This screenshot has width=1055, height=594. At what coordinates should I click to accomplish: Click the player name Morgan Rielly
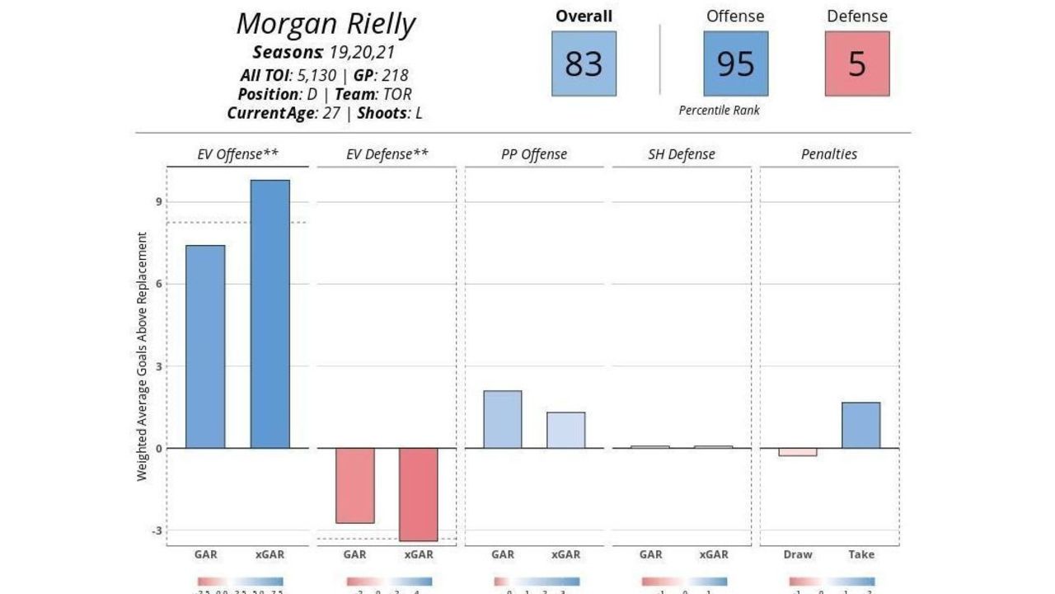pyautogui.click(x=326, y=24)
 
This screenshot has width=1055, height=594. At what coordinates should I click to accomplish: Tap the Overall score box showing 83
pyautogui.click(x=584, y=64)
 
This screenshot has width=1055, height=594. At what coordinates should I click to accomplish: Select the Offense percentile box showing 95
pyautogui.click(x=735, y=64)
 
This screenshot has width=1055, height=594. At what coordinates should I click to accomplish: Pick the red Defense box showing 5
pyautogui.click(x=857, y=64)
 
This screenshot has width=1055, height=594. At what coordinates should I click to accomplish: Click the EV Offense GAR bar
pyautogui.click(x=205, y=346)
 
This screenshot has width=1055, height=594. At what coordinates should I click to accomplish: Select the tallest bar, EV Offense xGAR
pyautogui.click(x=270, y=313)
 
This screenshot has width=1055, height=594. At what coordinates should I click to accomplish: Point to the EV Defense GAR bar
pyautogui.click(x=354, y=485)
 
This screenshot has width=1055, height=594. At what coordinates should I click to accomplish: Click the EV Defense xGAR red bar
pyautogui.click(x=418, y=494)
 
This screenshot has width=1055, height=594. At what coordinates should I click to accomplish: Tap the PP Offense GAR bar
pyautogui.click(x=502, y=419)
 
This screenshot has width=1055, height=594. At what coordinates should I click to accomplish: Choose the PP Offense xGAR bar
pyautogui.click(x=565, y=430)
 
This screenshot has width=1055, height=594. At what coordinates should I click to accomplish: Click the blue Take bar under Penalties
pyautogui.click(x=861, y=425)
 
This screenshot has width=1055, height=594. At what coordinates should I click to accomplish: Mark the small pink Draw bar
pyautogui.click(x=798, y=452)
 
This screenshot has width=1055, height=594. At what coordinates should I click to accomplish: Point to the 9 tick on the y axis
pyautogui.click(x=158, y=202)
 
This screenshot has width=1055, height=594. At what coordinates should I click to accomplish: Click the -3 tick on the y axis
pyautogui.click(x=157, y=530)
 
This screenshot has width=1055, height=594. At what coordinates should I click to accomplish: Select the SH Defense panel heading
pyautogui.click(x=682, y=154)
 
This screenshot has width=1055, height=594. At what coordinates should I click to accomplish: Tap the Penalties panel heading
pyautogui.click(x=829, y=154)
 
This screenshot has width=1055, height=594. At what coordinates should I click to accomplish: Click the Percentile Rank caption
pyautogui.click(x=720, y=110)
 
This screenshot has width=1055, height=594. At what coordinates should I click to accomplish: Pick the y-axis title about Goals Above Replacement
pyautogui.click(x=143, y=356)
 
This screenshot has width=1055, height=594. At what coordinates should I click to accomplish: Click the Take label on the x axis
pyautogui.click(x=861, y=554)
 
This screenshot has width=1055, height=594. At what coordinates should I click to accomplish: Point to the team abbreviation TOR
pyautogui.click(x=397, y=94)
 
